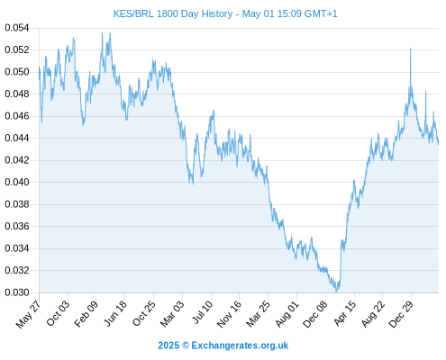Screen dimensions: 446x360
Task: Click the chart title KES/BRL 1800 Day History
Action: [x=173, y=13]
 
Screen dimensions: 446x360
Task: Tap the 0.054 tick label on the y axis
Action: [x=17, y=28]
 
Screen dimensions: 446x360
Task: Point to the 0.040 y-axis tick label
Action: [x=17, y=182]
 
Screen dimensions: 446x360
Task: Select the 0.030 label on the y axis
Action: [x=17, y=292]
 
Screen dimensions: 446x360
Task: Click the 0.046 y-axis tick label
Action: [x=17, y=116]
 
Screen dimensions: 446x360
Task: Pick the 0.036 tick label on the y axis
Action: [x=17, y=226]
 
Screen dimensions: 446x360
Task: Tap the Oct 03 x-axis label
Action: [x=58, y=313]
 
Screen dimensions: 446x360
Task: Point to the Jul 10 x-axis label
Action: [x=202, y=312]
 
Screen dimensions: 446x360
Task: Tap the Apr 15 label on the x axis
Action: [x=345, y=313]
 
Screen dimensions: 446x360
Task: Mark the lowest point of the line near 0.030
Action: [x=336, y=292]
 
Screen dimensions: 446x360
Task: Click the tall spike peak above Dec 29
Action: [x=411, y=49]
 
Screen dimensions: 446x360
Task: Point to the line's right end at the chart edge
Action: [x=439, y=144]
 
